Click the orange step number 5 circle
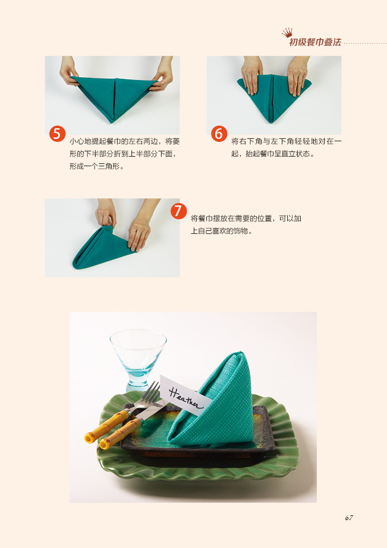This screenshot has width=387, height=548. pyautogui.click(x=58, y=134)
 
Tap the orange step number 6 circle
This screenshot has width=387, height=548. pyautogui.click(x=219, y=134)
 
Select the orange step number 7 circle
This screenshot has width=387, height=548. pyautogui.click(x=178, y=211)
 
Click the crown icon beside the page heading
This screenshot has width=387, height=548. pyautogui.click(x=287, y=33)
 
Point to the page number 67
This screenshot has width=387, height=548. pyautogui.click(x=349, y=518)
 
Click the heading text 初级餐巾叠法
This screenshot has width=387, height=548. pyautogui.click(x=315, y=42)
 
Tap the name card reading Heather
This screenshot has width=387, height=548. pyautogui.click(x=185, y=395)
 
